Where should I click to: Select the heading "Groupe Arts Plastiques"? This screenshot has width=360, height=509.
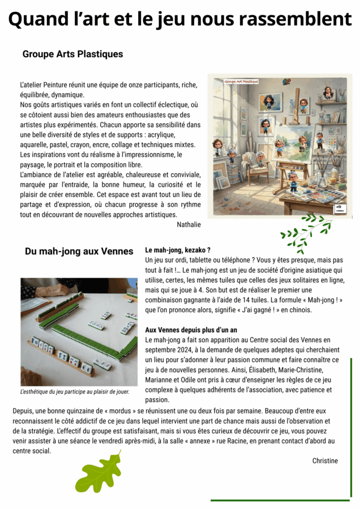pos(73,54)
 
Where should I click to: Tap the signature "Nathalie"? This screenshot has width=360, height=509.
pos(188,225)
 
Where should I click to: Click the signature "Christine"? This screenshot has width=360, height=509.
pos(325,461)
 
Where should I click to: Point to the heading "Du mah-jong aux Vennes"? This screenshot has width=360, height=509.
pos(79,251)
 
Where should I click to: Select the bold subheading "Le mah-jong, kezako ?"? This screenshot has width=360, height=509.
pos(178,250)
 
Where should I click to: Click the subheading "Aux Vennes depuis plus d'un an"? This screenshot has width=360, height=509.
pos(191,330)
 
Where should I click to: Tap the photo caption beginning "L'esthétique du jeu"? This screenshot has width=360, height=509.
pos(75,391)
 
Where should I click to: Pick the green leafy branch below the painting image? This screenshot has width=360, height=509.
pos(306,231)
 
